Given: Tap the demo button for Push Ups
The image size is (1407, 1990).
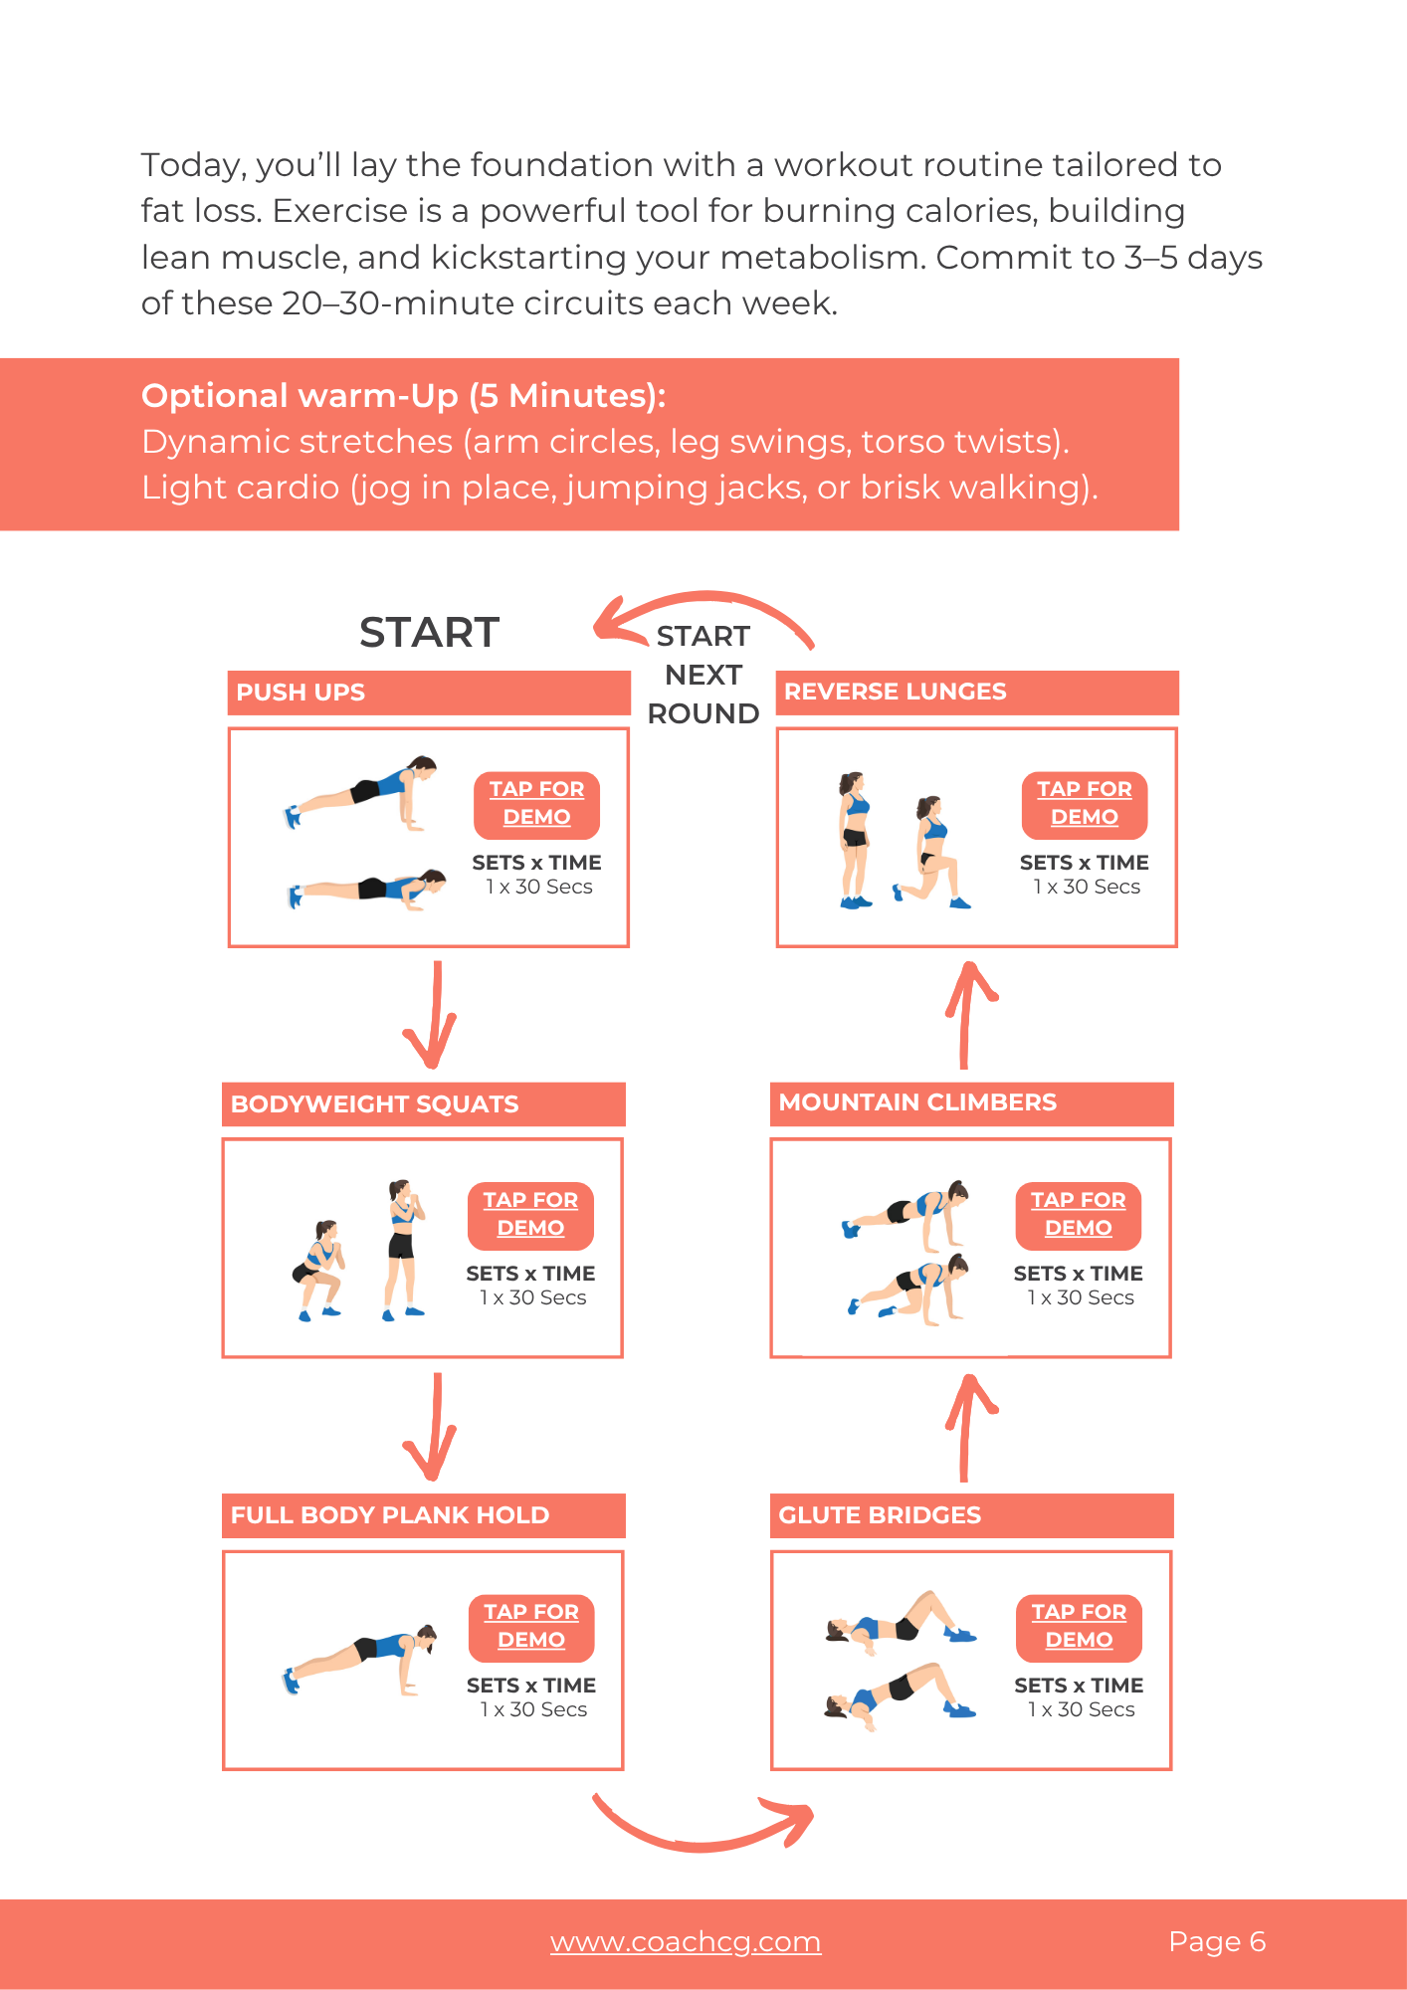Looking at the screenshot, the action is click(536, 804).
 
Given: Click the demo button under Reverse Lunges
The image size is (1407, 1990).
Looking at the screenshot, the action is click(1085, 804).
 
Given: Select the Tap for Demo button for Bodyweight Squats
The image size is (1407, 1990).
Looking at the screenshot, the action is click(530, 1215).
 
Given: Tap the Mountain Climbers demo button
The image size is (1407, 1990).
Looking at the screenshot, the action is click(1079, 1215).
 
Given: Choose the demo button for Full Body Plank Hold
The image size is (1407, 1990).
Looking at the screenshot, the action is click(531, 1627).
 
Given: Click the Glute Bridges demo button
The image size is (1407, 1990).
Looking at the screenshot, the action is click(1079, 1627).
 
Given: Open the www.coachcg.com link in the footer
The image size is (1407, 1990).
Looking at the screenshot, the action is click(686, 1941).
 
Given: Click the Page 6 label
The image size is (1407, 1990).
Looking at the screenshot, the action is click(1217, 1941).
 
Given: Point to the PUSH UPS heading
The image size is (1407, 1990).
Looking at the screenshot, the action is click(301, 693).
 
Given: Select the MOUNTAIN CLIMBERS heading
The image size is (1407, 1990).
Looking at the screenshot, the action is click(917, 1102).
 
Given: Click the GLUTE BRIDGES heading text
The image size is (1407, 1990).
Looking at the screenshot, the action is click(880, 1514).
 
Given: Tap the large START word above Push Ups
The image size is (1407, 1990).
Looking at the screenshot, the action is click(429, 633).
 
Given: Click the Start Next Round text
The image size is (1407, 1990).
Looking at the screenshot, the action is click(703, 675).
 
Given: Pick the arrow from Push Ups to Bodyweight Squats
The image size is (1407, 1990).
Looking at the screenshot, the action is click(436, 1015).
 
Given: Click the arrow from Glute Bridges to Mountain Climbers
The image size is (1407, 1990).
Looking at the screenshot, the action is click(964, 1428).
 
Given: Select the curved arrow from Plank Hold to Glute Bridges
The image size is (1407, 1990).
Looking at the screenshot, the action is click(703, 1845).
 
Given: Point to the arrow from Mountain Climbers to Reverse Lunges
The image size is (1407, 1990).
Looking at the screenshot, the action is click(964, 1015).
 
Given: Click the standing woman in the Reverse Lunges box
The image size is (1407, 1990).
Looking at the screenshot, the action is click(855, 840).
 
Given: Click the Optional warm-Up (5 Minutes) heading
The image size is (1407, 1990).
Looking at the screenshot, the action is click(404, 396).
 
